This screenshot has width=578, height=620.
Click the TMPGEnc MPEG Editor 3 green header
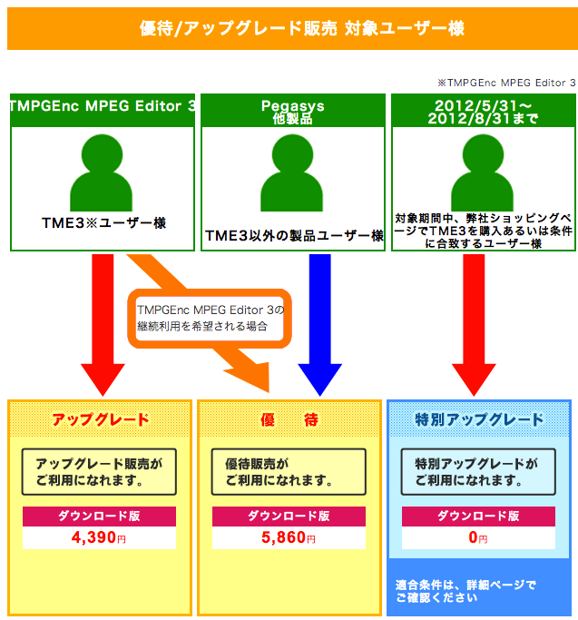pos(103,106)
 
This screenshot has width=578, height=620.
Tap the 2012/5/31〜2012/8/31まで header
pos(482,111)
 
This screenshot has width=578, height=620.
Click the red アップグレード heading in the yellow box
pos(100,419)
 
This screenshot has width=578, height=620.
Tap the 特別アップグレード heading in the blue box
pos(479,419)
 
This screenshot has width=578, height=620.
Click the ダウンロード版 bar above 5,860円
pos(289,516)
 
